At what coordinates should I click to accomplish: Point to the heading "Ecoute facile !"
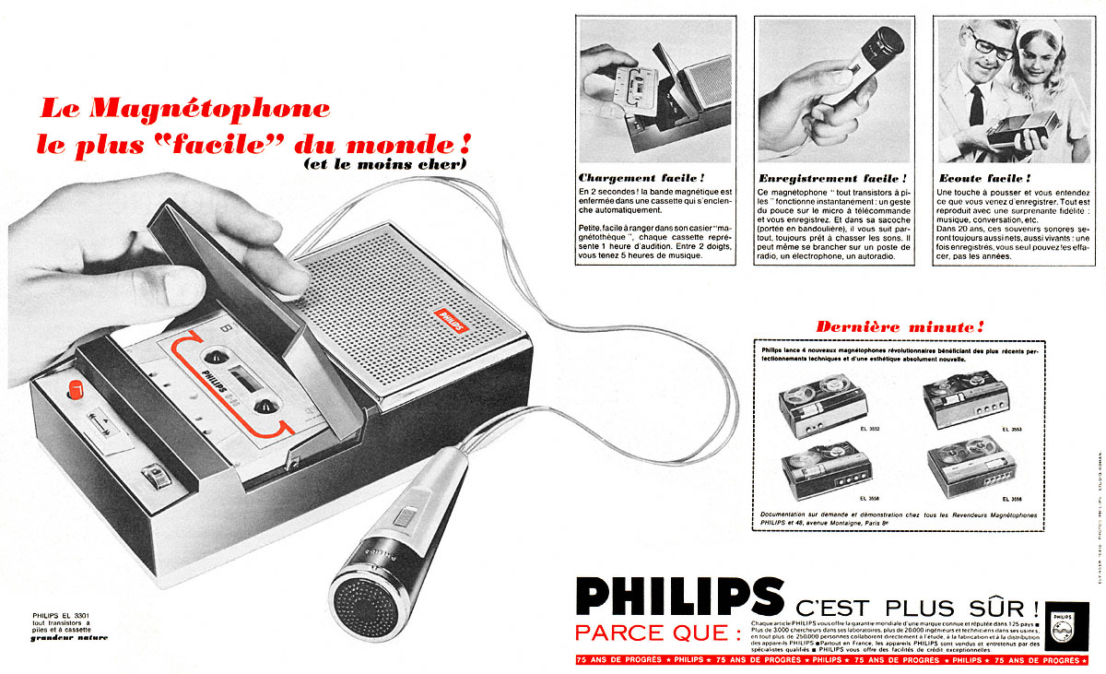(x=982, y=177)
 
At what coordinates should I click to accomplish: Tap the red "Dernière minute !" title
(x=900, y=326)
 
